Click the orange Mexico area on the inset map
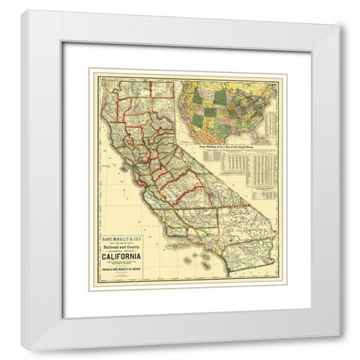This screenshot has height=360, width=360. pos(217,139)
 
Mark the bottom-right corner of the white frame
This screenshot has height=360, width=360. pos(339,335)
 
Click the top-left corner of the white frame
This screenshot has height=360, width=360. pos(21,11)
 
